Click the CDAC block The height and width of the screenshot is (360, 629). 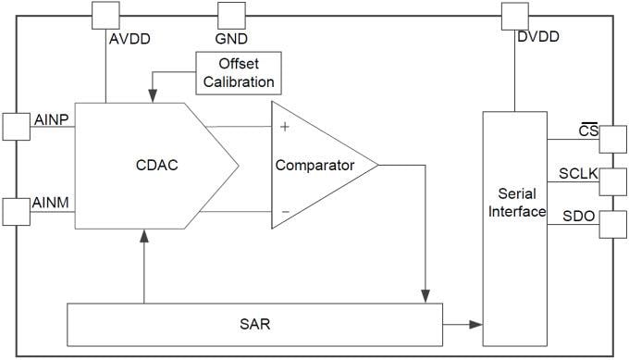point(148,166)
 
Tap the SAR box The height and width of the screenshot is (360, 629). point(254,325)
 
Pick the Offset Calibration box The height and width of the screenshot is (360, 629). point(239,73)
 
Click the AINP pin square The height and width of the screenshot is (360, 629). point(17,127)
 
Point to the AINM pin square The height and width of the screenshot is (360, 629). point(17,211)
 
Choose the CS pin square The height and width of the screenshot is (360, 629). point(612,140)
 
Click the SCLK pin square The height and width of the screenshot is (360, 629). point(612,181)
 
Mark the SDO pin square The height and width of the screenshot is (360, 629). point(612,224)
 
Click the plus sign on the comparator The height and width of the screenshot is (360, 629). point(284,126)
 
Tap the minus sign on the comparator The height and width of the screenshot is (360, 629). point(284,211)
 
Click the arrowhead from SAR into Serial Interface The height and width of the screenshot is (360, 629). point(475,325)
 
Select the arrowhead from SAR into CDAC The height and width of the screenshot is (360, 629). point(144,237)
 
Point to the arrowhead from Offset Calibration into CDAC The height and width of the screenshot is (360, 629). point(152,94)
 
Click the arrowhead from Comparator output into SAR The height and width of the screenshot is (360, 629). point(425,294)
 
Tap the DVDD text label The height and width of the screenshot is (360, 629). point(538,39)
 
